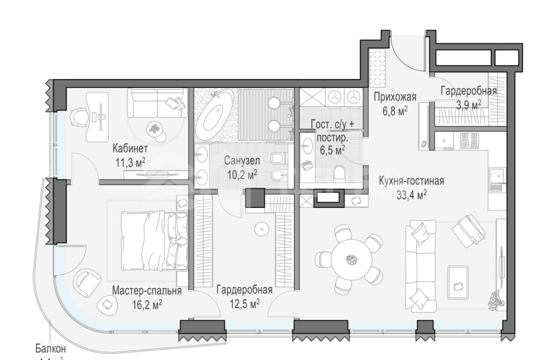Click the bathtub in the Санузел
pos(213,115)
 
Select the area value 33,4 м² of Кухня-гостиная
pos(411,194)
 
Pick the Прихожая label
pos(394,98)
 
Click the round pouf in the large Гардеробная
pos(261,229)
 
